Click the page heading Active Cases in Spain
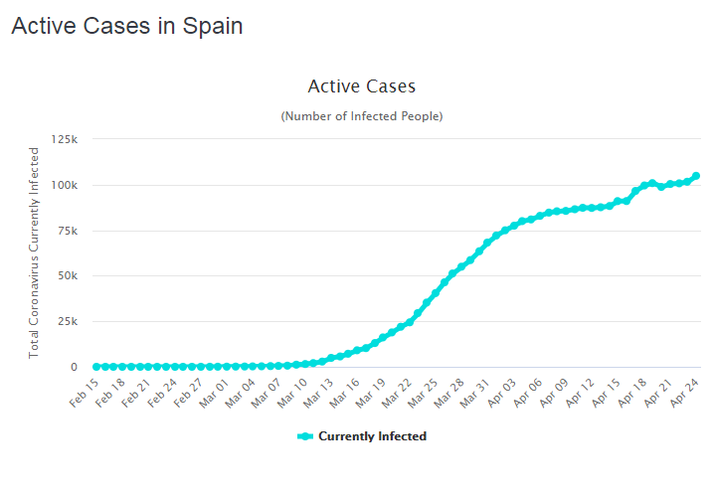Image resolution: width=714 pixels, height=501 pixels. point(126,26)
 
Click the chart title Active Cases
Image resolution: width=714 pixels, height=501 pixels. point(361,86)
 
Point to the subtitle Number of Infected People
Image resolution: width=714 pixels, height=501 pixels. point(361,116)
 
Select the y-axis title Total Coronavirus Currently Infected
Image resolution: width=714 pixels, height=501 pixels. point(34,252)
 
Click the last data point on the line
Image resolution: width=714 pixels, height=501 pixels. point(696,176)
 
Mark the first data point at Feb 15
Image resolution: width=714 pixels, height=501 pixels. point(96,367)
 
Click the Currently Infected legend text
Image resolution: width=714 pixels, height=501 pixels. point(372,436)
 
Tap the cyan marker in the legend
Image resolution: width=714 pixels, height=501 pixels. point(305,436)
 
